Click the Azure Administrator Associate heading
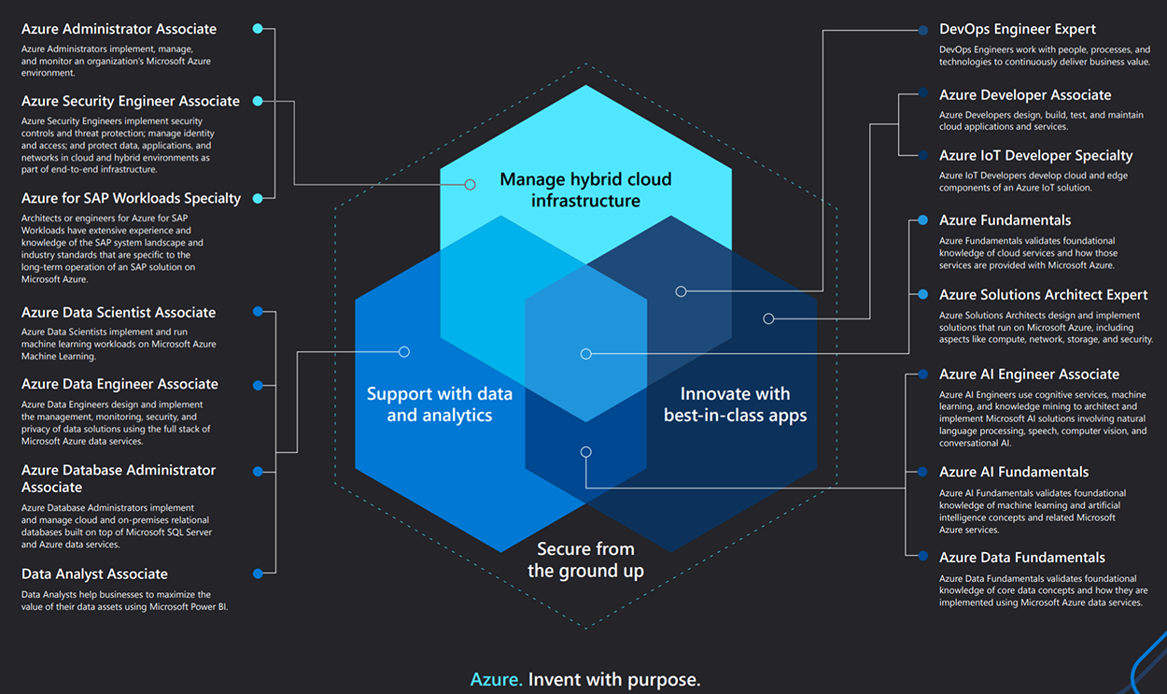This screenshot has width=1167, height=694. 119,29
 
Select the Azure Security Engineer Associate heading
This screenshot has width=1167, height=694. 131,101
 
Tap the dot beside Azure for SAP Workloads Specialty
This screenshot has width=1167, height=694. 258,198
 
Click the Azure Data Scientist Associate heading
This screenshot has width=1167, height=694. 119,312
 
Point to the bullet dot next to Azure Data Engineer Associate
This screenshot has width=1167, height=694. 258,385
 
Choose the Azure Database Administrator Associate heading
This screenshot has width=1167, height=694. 119,478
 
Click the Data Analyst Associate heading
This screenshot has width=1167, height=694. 94,574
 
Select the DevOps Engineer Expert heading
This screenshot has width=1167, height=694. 1018,29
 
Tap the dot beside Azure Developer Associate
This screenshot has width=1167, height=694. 922,93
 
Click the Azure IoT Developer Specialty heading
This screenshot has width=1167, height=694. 1035,155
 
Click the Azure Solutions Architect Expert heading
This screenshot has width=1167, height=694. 1043,294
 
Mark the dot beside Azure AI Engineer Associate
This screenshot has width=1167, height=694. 922,375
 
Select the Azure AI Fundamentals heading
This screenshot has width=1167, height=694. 1014,472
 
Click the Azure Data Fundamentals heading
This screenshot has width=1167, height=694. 1021,557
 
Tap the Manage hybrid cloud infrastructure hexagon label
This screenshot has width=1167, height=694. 585,190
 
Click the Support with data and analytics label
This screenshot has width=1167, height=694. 439,404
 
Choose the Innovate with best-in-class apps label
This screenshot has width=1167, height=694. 735,404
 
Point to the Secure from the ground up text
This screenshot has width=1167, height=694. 585,559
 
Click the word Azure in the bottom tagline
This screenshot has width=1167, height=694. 496,679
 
